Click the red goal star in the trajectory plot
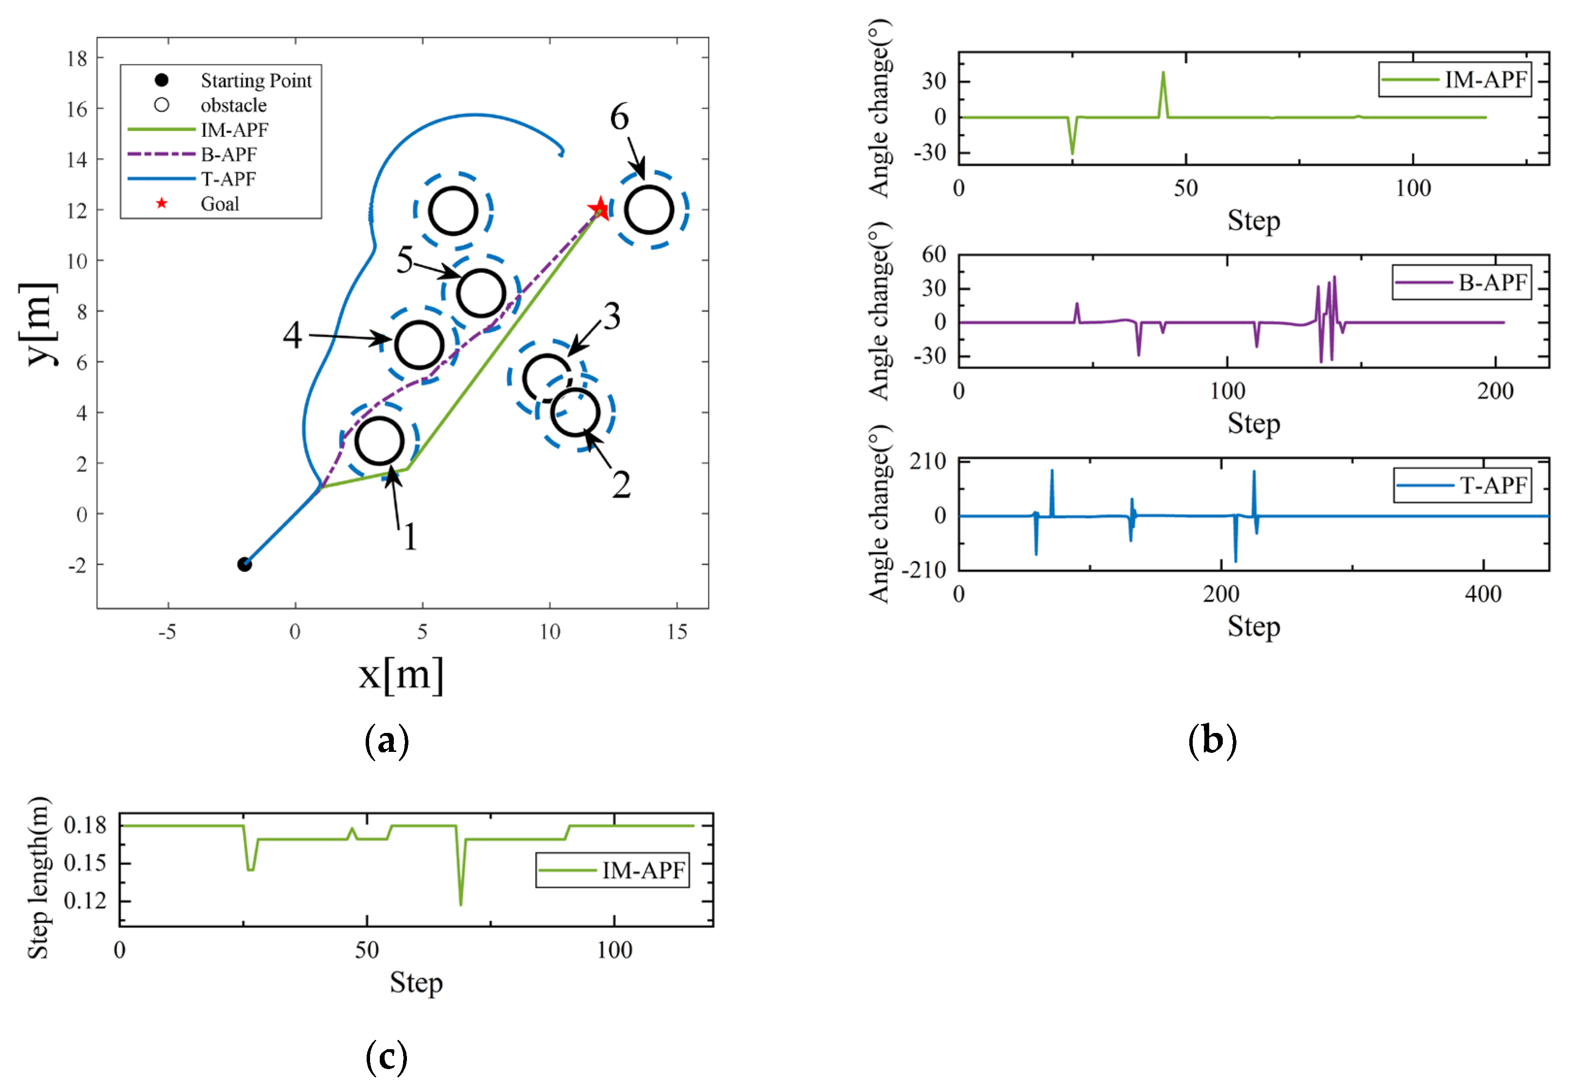pos(600,208)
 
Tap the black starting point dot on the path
pos(244,564)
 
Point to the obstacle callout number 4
pos(292,336)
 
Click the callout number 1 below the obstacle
pos(409,537)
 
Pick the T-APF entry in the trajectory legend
pos(228,179)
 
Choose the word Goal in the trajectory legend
pos(220,204)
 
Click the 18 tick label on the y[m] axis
pos(77,59)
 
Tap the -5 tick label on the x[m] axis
pos(167,632)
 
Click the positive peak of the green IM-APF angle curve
pos(1163,72)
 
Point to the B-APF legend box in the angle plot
pos(1461,282)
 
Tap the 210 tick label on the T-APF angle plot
pos(927,461)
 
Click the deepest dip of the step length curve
pos(461,904)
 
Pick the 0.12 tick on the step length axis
pos(85,901)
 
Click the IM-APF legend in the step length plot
pos(612,870)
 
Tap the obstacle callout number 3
pos(611,316)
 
